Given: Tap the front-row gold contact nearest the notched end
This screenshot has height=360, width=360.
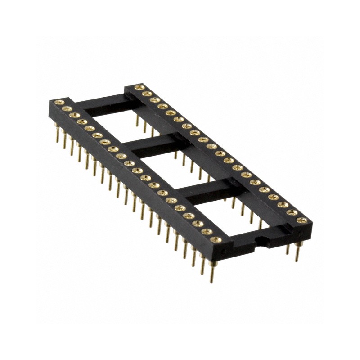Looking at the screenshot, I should tap(216, 239).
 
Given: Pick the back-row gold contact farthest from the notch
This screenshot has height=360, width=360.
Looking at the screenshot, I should tap(139, 87).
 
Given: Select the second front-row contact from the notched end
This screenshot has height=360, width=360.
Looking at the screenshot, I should tap(207, 232).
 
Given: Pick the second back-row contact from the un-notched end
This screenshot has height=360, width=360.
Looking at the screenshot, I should tap(146, 94).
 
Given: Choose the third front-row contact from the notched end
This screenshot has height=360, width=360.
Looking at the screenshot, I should tap(198, 223).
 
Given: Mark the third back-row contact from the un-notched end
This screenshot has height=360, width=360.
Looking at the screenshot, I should tap(154, 100).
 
